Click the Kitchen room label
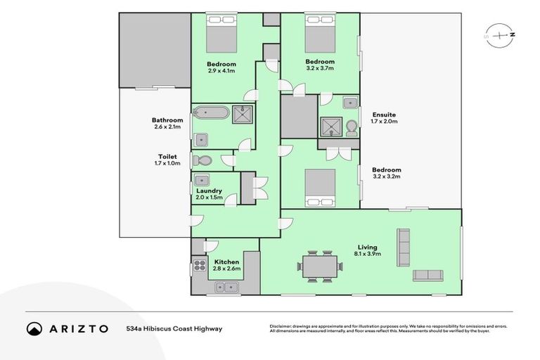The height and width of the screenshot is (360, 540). pyautogui.click(x=226, y=262)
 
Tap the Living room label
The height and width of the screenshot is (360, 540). pyautogui.click(x=368, y=247)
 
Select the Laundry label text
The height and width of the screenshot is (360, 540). pyautogui.click(x=209, y=191)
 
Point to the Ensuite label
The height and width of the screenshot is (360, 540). pyautogui.click(x=384, y=115)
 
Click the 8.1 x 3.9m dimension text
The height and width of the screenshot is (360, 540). pyautogui.click(x=368, y=254)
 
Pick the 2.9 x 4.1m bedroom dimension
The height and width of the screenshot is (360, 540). pyautogui.click(x=221, y=71)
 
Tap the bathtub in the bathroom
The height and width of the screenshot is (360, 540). pyautogui.click(x=211, y=112)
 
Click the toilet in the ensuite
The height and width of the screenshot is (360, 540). pyautogui.click(x=352, y=128)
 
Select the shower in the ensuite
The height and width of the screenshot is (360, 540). pyautogui.click(x=331, y=127)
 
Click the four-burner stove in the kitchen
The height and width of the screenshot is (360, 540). pyautogui.click(x=200, y=265)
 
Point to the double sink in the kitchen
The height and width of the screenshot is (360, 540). pyautogui.click(x=226, y=287)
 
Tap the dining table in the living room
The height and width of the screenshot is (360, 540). pyautogui.click(x=320, y=266)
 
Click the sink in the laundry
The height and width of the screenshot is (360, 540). pyautogui.click(x=202, y=180)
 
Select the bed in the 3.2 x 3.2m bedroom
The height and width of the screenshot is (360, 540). pyautogui.click(x=320, y=188)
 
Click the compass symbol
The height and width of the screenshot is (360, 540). pyautogui.click(x=500, y=35)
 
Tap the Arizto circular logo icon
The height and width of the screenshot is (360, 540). pyautogui.click(x=34, y=328)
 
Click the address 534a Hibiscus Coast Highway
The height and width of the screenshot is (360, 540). pyautogui.click(x=174, y=328)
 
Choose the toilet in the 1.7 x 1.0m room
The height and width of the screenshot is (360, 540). pyautogui.click(x=202, y=160)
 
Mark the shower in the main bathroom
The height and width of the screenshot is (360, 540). pyautogui.click(x=243, y=115)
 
